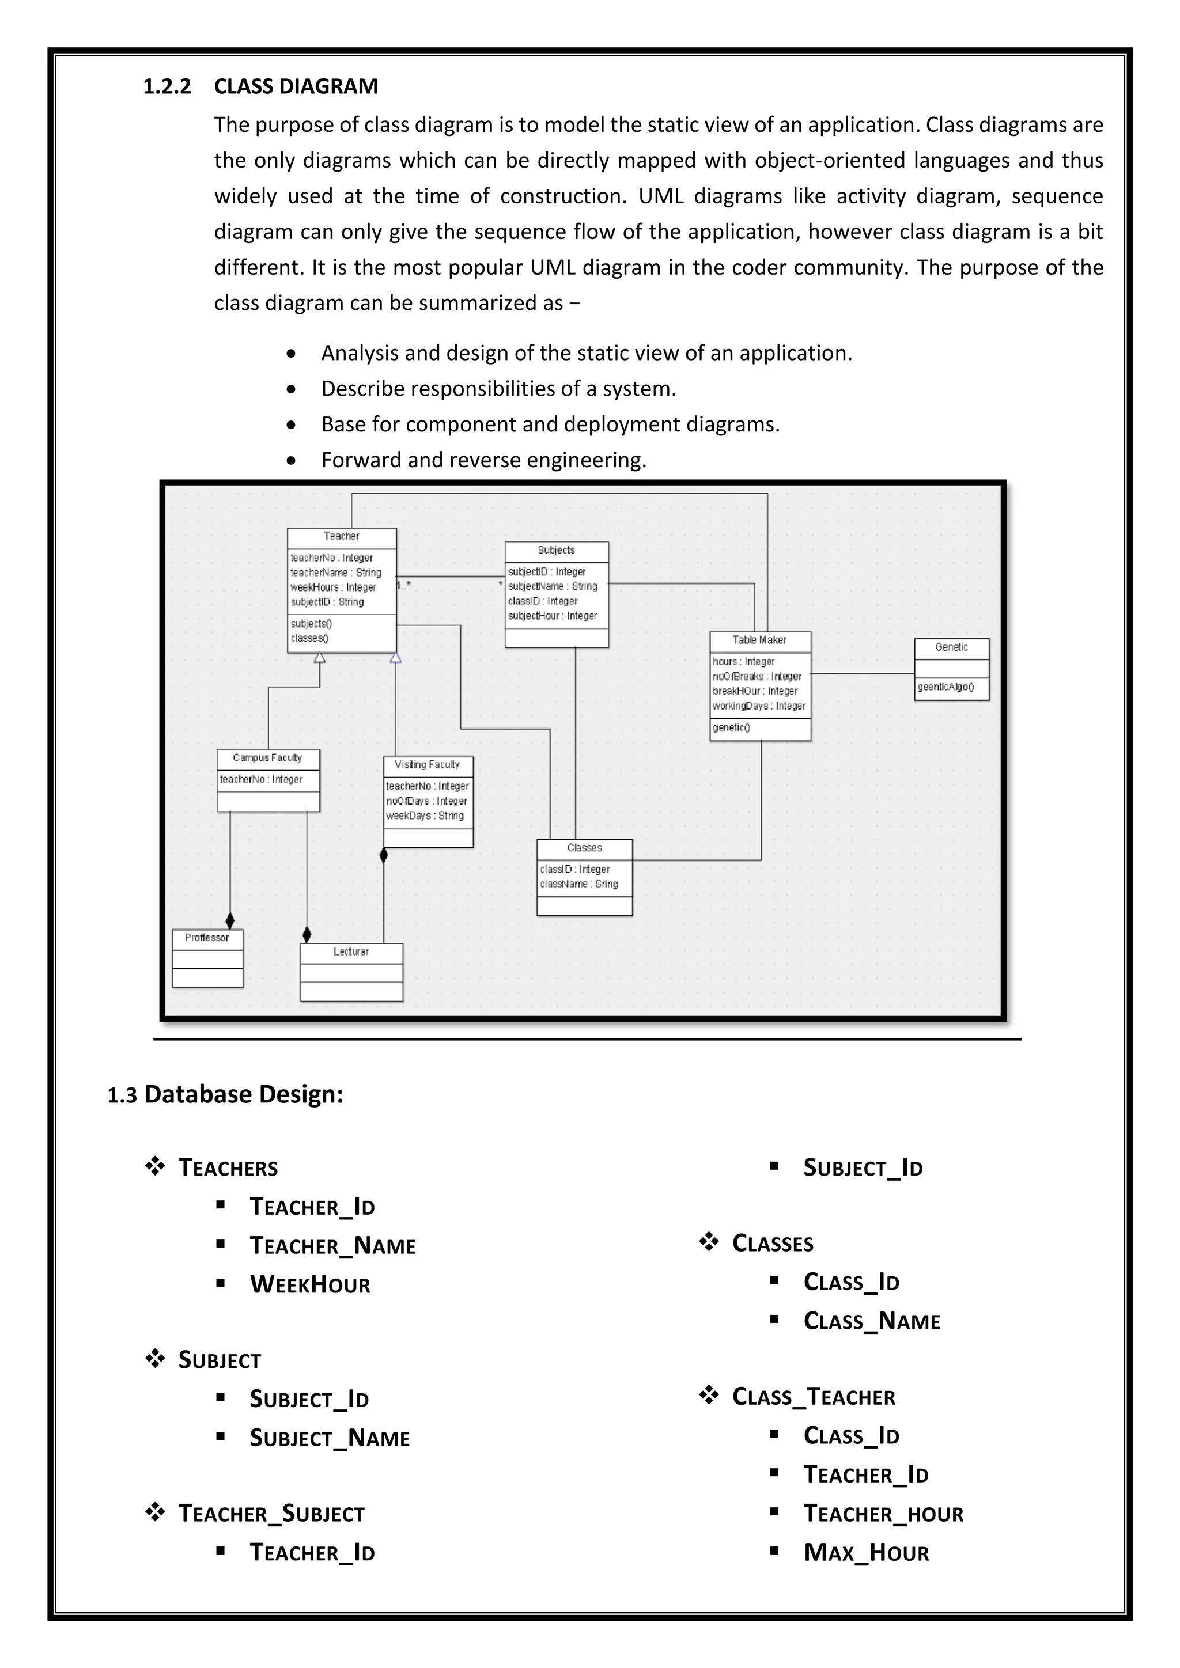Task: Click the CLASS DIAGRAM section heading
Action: (x=296, y=86)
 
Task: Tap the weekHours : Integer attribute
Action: (x=333, y=587)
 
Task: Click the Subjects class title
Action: (x=556, y=550)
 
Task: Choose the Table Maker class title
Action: (x=759, y=640)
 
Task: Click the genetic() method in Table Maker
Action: (x=731, y=727)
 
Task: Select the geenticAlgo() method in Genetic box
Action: (x=945, y=687)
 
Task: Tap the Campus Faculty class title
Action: (x=267, y=758)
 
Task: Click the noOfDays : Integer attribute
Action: (x=426, y=801)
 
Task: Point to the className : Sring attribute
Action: (x=578, y=884)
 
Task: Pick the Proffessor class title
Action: (x=206, y=938)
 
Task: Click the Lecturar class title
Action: (x=351, y=951)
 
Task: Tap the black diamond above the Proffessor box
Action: (x=230, y=921)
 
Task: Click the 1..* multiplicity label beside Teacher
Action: (x=403, y=585)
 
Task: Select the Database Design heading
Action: (x=243, y=1094)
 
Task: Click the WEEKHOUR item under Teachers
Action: (x=309, y=1284)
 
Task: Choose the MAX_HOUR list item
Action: (x=865, y=1552)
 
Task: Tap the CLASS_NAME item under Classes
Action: (x=871, y=1321)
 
